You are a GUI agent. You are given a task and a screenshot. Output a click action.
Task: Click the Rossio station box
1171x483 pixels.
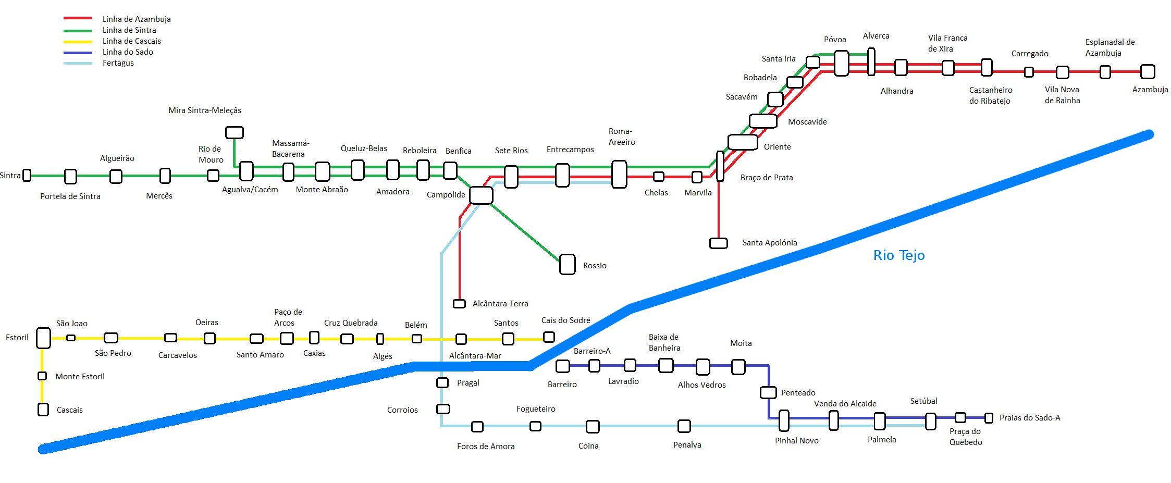tap(567, 264)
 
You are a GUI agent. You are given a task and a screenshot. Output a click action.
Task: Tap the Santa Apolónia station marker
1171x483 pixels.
tap(718, 243)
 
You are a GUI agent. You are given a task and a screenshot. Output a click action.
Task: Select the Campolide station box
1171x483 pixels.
tap(480, 195)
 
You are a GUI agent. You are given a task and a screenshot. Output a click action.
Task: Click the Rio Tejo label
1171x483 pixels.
tap(898, 255)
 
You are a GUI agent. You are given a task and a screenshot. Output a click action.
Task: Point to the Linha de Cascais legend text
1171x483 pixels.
tap(131, 41)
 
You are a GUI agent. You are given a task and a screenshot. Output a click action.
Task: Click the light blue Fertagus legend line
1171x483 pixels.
tap(78, 64)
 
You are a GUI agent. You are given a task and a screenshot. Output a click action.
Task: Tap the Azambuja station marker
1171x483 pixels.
tap(1147, 71)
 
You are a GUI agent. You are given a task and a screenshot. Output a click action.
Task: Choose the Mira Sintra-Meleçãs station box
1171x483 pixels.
tap(234, 132)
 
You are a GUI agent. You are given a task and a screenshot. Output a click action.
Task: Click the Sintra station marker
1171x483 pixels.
tap(27, 176)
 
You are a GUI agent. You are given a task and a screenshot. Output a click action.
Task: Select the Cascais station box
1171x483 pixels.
tap(43, 410)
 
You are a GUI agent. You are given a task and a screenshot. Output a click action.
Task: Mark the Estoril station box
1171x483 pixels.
tap(43, 338)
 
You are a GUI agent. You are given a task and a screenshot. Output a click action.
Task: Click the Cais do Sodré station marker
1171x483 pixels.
tap(548, 337)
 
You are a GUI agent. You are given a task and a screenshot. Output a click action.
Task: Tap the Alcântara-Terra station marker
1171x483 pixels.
tap(459, 304)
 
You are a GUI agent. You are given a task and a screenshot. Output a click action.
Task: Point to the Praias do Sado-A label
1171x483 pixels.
tap(1029, 418)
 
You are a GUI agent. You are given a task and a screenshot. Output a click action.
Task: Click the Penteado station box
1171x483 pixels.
tap(768, 392)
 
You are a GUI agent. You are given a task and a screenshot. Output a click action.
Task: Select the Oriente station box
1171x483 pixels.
tap(743, 142)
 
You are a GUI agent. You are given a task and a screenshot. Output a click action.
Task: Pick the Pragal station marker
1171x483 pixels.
tap(442, 383)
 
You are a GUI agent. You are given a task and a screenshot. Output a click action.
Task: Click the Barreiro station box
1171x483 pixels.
tap(562, 366)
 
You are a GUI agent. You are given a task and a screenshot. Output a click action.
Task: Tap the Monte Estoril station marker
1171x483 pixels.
tap(42, 376)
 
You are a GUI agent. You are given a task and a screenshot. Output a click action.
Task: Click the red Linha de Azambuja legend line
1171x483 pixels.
tap(78, 18)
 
